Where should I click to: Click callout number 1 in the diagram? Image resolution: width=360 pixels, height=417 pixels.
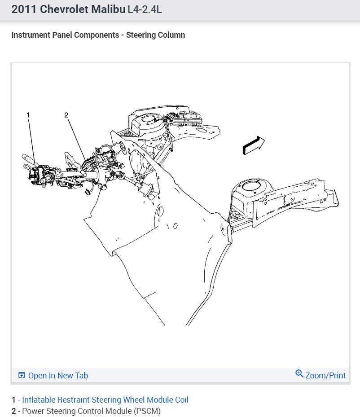coord(28,115)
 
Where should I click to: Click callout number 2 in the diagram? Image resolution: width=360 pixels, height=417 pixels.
coord(66,115)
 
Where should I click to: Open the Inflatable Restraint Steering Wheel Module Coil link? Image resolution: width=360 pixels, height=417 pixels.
coord(105,399)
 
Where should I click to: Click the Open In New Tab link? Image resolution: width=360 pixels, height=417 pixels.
coord(58,376)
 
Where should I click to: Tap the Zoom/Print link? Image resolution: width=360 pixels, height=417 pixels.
coord(325,375)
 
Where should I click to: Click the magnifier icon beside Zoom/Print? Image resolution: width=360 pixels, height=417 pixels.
coord(299,374)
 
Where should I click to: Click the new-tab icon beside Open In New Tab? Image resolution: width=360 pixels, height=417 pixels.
coord(22,376)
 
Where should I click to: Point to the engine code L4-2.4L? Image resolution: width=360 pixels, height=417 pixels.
coord(145,10)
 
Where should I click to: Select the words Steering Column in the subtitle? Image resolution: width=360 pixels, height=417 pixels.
coord(155,35)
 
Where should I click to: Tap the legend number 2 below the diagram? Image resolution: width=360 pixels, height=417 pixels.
coord(13,411)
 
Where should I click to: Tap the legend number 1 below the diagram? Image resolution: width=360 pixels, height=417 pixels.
coord(13,399)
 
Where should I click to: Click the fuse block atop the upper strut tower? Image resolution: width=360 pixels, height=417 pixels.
coord(184,119)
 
